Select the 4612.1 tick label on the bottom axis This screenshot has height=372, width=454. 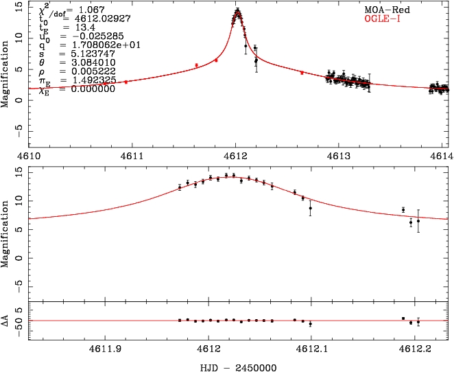tap(311, 348)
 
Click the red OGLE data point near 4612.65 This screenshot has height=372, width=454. tap(302, 72)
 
